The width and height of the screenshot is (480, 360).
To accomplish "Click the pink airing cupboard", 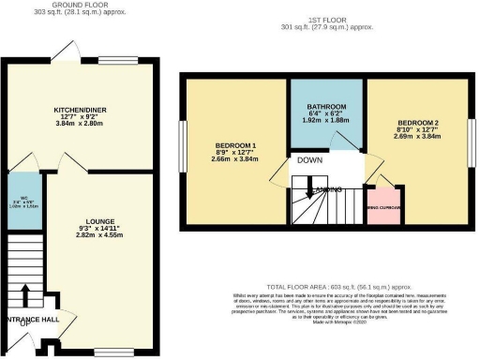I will [x=382, y=207].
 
